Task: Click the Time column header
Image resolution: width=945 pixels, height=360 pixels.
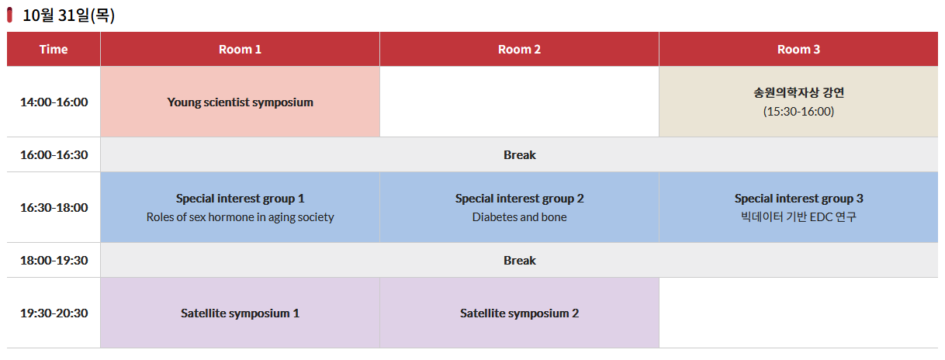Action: (54, 50)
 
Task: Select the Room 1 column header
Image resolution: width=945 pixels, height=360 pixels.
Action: (240, 50)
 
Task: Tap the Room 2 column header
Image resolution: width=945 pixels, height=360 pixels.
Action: (519, 50)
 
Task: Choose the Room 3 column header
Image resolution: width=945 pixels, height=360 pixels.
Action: (798, 50)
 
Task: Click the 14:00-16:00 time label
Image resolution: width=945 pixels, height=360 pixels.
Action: (54, 102)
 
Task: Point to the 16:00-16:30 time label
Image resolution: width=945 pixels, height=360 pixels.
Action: (54, 155)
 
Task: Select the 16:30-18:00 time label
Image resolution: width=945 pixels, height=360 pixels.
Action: (54, 208)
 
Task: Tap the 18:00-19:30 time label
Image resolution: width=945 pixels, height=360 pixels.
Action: (54, 261)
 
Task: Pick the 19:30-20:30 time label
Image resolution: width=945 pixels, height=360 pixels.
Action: (54, 313)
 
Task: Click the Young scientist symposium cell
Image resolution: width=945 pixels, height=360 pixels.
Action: (240, 102)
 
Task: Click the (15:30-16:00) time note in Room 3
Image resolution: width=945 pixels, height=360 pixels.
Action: (798, 112)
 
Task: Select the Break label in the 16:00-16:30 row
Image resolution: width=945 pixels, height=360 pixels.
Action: (519, 155)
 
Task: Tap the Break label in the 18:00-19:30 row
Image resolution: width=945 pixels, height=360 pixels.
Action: (519, 261)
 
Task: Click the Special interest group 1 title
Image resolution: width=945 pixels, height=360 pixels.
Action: (240, 199)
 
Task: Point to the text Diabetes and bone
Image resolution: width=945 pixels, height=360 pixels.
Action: (519, 217)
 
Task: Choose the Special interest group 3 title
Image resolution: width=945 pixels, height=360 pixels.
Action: (798, 199)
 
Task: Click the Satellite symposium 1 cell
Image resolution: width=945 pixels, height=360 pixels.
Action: (240, 313)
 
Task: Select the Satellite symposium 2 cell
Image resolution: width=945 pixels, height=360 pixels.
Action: (519, 313)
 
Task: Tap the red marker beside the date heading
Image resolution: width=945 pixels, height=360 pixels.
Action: (10, 15)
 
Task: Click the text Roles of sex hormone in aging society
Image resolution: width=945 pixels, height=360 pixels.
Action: (240, 217)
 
